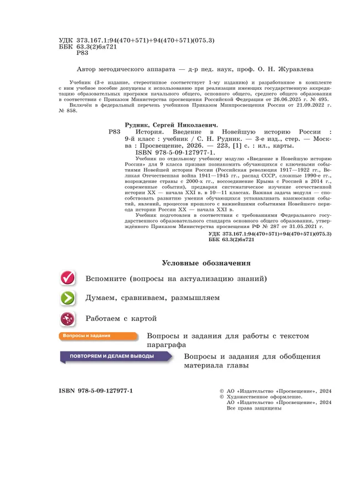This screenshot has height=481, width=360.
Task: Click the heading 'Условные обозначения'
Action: (x=206, y=262)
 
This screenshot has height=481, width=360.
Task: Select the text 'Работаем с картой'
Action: (x=121, y=319)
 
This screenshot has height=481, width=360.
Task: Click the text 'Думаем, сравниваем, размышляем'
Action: (x=152, y=298)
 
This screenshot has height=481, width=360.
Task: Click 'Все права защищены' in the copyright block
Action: (x=255, y=408)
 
